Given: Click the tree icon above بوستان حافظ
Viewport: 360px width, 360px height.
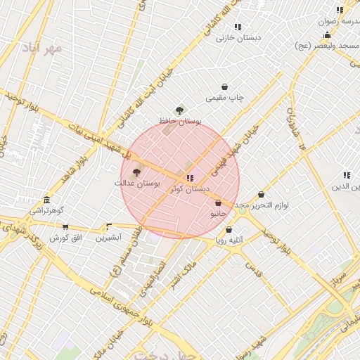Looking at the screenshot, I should pos(180,110).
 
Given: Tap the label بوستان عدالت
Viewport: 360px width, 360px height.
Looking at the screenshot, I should pos(137,184).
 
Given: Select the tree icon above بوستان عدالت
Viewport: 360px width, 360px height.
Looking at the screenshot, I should pos(136,172).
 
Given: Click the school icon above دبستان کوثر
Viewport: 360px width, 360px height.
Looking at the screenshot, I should pos(190,178).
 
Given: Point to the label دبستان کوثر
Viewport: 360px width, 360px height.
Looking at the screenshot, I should pos(191,189).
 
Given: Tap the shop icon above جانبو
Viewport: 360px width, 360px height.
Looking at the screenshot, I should pos(218,202).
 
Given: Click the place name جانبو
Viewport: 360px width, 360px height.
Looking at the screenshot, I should pos(218,213).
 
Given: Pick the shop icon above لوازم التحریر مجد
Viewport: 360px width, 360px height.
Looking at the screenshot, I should pos(261,195).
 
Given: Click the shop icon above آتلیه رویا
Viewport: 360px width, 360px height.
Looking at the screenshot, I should pos(229,230).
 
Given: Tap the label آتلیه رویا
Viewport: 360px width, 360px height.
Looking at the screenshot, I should pos(229,240).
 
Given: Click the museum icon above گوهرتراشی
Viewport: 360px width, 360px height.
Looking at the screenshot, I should pos(46,200).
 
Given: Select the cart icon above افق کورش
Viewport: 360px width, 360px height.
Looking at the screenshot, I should pos(65,227).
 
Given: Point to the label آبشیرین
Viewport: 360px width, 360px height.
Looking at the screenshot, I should pos(108,238).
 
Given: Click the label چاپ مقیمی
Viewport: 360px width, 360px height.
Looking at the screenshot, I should pos(224,98).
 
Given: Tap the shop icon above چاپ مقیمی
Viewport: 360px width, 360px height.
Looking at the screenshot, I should pos(224,87).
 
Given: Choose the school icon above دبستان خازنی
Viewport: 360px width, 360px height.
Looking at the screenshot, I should pos(238,27).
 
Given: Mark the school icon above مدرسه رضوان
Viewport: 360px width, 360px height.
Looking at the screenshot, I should pos(340,10).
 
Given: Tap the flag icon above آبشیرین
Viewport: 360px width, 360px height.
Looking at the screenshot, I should pos(108,227).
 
